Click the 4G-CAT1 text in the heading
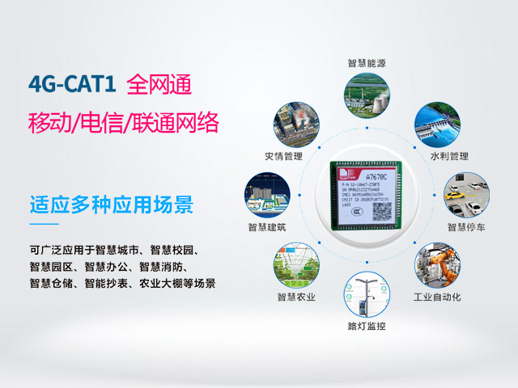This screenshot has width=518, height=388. point(72,84)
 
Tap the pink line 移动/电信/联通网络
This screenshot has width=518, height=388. point(123,123)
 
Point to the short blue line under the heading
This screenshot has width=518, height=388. point(44,223)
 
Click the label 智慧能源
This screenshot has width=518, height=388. point(369,62)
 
